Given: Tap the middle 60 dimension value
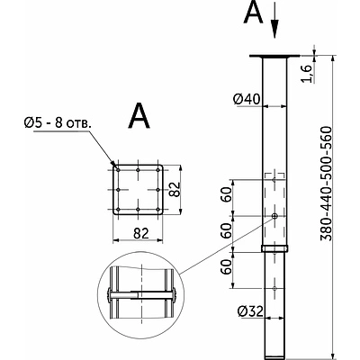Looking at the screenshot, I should click(228, 230).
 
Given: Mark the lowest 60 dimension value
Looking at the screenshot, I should click(228, 268).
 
